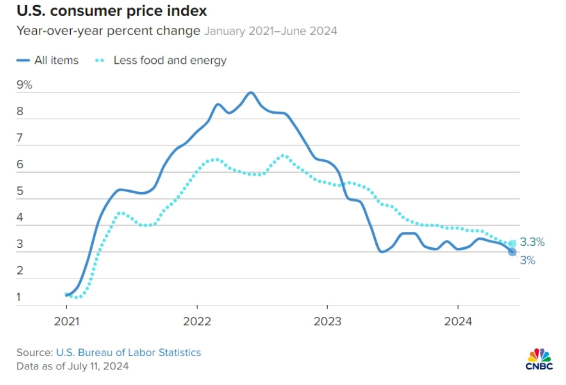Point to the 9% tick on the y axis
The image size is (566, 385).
[x=24, y=85]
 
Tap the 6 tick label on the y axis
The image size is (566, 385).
[x=20, y=164]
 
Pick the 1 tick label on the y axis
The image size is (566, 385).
[x=19, y=298]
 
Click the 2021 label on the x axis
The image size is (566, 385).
[x=67, y=321]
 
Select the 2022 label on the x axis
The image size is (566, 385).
[x=197, y=321]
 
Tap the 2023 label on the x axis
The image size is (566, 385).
[x=327, y=321]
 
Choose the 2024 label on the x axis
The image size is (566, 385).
[x=458, y=321]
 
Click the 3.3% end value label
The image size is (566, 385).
[x=532, y=243]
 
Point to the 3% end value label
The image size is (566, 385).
[x=528, y=260]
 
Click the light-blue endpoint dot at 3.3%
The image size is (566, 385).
[x=512, y=244]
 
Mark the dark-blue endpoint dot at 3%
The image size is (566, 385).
[x=512, y=252]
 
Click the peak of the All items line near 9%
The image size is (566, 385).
[x=251, y=93]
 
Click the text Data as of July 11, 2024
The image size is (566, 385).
[x=72, y=366]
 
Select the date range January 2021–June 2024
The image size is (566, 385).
[x=270, y=31]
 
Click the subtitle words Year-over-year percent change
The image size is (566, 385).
[x=108, y=31]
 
